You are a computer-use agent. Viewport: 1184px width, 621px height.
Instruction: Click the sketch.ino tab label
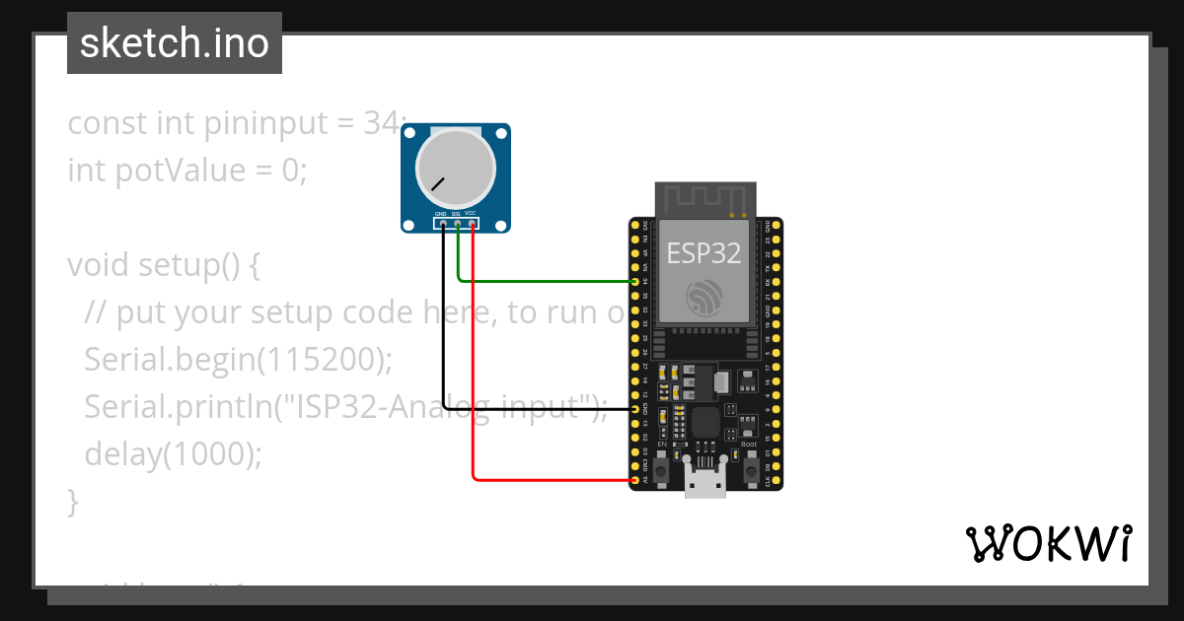[174, 43]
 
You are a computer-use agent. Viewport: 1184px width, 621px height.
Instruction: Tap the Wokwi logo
[1048, 543]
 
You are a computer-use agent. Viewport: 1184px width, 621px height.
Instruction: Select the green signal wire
[543, 282]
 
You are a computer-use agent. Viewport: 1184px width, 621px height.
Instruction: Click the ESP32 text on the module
[703, 253]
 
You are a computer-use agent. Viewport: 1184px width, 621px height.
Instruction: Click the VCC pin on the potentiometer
[474, 224]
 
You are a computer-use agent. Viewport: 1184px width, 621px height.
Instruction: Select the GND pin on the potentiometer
[443, 224]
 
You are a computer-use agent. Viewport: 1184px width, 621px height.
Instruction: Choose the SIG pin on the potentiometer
[458, 224]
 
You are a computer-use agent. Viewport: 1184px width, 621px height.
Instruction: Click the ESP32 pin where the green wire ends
[634, 282]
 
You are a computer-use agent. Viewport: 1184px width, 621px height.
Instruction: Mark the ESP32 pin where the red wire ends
[634, 480]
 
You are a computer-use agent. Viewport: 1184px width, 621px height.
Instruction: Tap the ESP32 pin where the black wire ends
[634, 408]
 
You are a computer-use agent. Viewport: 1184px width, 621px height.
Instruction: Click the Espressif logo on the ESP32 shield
[704, 297]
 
